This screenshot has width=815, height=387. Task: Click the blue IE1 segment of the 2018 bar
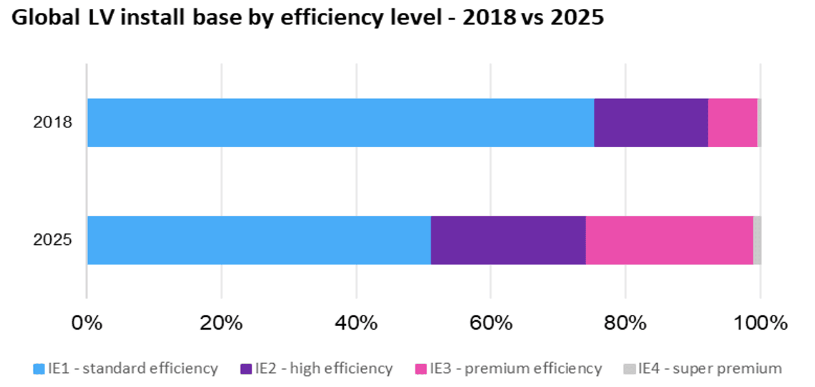(x=341, y=123)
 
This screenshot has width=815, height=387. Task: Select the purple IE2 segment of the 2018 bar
(x=650, y=123)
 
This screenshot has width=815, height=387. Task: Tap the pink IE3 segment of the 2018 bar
(x=732, y=123)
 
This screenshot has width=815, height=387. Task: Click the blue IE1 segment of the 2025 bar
(x=258, y=240)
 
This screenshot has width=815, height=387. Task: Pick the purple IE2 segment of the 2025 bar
(x=508, y=240)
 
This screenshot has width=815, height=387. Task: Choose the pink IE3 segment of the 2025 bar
(x=668, y=240)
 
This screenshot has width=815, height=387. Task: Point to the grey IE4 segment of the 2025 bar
(x=757, y=240)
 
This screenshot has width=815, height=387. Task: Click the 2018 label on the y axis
(x=53, y=122)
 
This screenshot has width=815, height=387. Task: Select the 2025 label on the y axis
(x=53, y=240)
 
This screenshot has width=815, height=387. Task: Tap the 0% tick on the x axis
(x=87, y=322)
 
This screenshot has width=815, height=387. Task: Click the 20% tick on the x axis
(x=221, y=322)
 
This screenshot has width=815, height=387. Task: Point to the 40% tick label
(x=355, y=322)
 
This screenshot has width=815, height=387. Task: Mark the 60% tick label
(x=490, y=322)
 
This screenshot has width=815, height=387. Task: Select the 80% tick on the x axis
(x=625, y=322)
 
